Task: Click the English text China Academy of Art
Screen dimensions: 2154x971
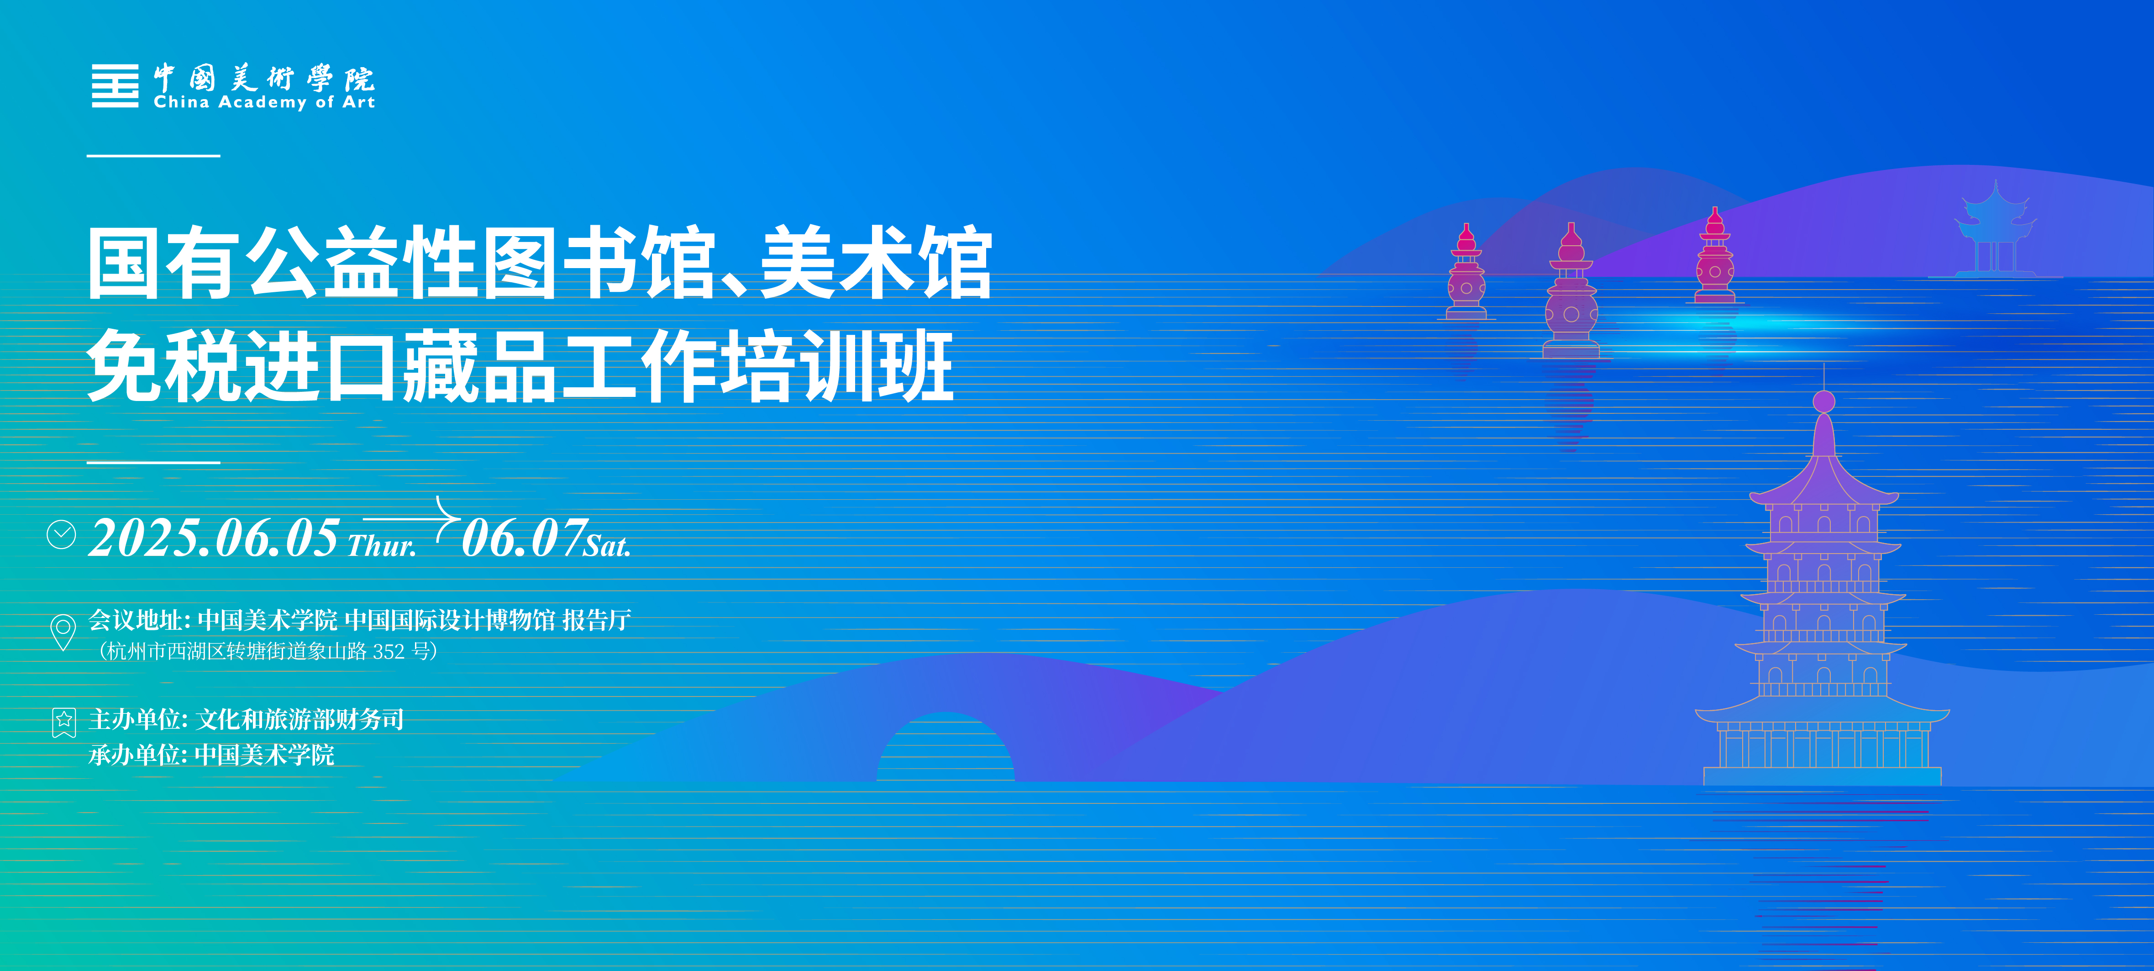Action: click(264, 102)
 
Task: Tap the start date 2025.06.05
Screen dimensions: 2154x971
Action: click(214, 537)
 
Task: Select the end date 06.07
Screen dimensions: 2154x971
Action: click(524, 537)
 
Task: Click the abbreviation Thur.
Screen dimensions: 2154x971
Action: click(381, 545)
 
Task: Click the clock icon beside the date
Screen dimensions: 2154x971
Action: click(61, 534)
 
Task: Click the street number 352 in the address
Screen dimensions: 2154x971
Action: click(389, 651)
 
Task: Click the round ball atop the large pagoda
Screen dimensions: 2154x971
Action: click(1824, 401)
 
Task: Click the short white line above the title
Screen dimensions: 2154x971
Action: click(154, 156)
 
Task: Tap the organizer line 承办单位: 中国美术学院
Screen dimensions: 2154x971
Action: click(211, 755)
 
